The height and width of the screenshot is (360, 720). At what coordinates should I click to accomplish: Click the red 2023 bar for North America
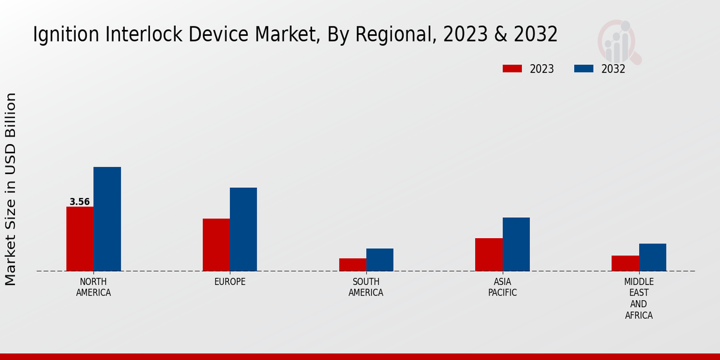click(x=80, y=239)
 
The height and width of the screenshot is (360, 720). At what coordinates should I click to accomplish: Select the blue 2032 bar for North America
click(x=107, y=219)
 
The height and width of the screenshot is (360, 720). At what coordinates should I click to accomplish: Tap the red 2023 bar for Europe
click(x=216, y=245)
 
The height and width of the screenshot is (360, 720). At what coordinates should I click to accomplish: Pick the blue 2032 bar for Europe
click(x=244, y=229)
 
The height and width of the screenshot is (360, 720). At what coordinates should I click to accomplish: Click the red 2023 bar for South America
click(x=353, y=265)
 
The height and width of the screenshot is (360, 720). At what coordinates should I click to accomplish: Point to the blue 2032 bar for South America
click(x=380, y=260)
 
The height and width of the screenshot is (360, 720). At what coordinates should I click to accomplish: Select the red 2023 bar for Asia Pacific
click(x=489, y=254)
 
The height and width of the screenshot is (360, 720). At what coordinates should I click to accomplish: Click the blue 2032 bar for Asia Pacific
click(x=516, y=244)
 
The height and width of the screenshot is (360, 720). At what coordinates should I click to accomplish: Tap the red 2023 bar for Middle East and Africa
click(x=625, y=263)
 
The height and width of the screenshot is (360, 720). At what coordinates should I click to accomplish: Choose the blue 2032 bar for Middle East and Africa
click(x=653, y=257)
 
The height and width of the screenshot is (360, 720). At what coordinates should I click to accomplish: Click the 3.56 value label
click(x=80, y=202)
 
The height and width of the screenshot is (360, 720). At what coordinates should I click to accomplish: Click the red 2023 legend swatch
click(x=512, y=69)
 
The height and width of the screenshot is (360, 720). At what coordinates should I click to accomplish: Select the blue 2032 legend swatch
click(x=584, y=69)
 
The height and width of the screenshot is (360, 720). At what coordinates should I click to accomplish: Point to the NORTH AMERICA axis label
click(x=94, y=287)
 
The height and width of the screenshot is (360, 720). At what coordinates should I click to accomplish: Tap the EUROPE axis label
click(x=230, y=282)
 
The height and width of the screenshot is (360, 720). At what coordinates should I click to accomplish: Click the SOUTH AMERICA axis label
click(x=366, y=287)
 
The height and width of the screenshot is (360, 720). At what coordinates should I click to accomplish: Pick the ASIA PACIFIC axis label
click(x=503, y=287)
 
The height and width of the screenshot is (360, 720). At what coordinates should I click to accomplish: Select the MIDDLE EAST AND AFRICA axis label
click(x=639, y=299)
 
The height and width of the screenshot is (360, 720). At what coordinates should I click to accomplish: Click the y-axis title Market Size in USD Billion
click(x=11, y=189)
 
